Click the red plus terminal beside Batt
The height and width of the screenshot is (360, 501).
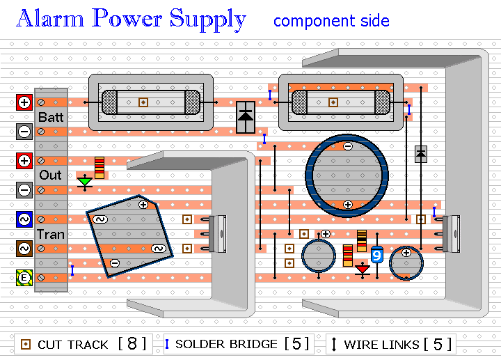pos(24,102)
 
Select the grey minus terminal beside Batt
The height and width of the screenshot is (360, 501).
pos(24,132)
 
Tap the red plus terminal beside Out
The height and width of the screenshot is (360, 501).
pos(24,160)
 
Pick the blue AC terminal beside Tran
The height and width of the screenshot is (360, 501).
pos(24,219)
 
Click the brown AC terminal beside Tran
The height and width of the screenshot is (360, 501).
pos(24,249)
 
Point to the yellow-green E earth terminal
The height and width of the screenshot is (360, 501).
pos(24,278)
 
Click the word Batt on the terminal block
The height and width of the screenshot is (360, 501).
pos(51,117)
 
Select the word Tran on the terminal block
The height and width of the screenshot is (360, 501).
pos(51,235)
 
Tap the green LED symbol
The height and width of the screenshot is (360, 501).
pos(85,182)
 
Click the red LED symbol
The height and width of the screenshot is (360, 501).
pos(363,269)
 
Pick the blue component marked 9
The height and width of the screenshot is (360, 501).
pos(377,255)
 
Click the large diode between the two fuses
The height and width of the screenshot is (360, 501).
pos(246,117)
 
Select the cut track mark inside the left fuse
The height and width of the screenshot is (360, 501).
pos(143,102)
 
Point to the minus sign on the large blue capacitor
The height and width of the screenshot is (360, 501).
pos(348,146)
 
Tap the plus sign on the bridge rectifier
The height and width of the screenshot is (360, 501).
pos(143,205)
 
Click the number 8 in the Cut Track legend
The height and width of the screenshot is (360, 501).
pos(132,344)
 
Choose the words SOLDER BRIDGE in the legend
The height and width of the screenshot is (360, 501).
pos(226,344)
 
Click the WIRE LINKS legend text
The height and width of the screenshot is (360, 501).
pos(381,345)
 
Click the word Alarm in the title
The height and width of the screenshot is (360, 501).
pos(50,19)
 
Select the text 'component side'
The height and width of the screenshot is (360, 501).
pos(331,21)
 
